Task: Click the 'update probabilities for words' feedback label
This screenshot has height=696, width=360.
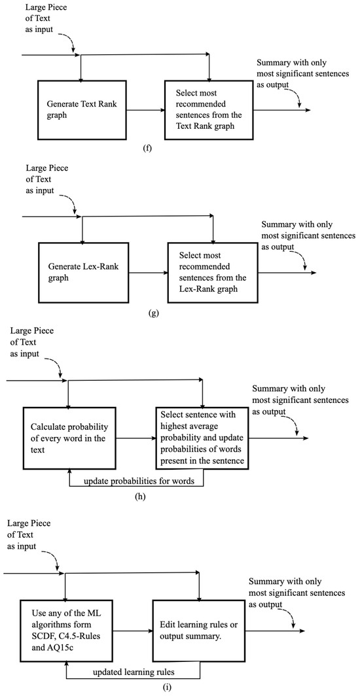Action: (136, 481)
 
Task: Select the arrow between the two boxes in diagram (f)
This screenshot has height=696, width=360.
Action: (144, 110)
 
